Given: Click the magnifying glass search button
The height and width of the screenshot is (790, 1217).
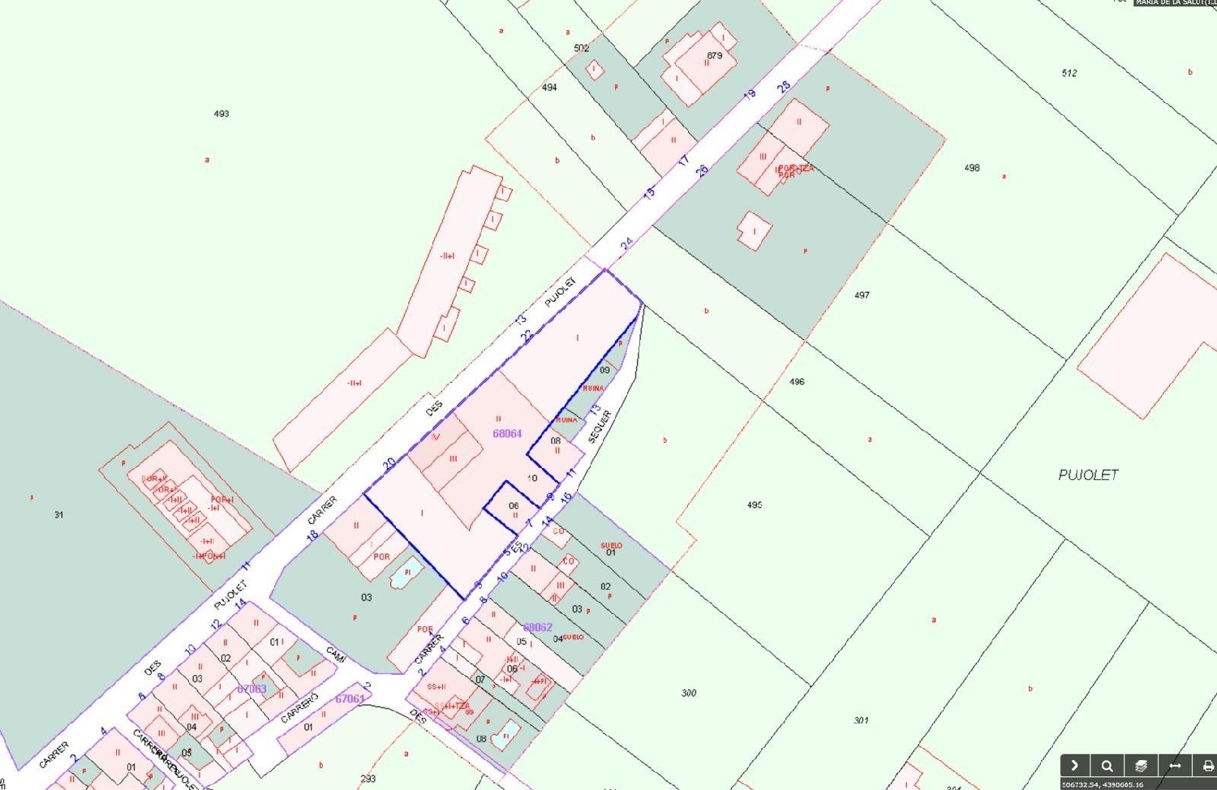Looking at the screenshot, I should click(1107, 766).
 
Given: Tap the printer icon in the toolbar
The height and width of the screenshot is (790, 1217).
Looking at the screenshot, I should click(1207, 766).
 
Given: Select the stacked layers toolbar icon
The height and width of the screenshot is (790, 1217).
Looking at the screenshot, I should click(1141, 766).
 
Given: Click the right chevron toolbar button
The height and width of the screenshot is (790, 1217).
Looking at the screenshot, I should click(1074, 766).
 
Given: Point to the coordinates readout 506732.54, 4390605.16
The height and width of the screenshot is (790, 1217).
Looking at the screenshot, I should click(1103, 784).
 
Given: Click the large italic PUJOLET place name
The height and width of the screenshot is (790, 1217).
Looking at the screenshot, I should click(1088, 475).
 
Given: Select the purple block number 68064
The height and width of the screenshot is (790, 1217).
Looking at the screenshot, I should click(507, 434).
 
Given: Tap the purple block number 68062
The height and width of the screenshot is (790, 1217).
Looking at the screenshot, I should click(538, 627).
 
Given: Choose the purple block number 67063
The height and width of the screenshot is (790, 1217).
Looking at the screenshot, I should click(252, 689).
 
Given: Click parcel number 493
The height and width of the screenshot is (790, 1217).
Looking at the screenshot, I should click(221, 114).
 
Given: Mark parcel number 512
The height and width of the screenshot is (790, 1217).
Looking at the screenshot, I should click(1069, 74).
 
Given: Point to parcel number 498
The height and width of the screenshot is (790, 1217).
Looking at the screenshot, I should click(972, 168).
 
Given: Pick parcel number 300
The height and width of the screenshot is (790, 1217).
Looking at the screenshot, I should click(689, 693).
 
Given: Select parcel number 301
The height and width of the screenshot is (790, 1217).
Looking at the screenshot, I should click(861, 720).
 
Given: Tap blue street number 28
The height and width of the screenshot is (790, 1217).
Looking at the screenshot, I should click(784, 87).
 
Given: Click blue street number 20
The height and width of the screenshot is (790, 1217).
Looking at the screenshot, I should click(389, 464).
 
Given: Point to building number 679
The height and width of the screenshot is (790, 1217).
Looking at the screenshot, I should click(714, 56).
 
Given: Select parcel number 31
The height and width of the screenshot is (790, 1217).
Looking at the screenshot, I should click(58, 515).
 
